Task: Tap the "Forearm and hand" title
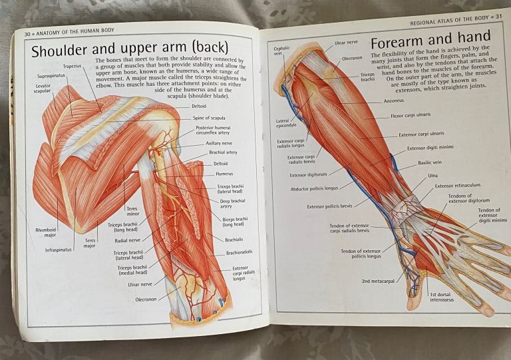(x=430, y=39)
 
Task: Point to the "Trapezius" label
(x=73, y=67)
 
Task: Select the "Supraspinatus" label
(x=50, y=76)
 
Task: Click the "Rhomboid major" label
(x=46, y=232)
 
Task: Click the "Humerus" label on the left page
(x=224, y=174)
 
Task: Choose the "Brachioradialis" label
(x=239, y=253)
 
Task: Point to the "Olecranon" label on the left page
(x=146, y=299)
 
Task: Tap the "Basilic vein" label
(x=430, y=162)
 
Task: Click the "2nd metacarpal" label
(x=377, y=281)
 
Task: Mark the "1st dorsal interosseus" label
(x=442, y=297)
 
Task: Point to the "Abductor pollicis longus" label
(x=319, y=188)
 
